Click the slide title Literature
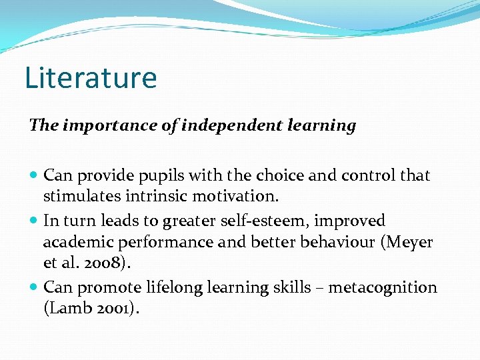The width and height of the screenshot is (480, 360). (91, 77)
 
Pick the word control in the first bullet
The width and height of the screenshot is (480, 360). (370, 176)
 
